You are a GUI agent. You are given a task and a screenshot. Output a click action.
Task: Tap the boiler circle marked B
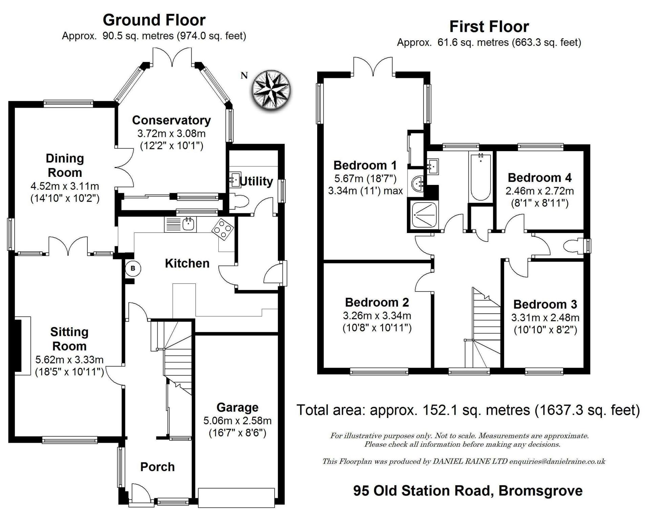pos(133,269)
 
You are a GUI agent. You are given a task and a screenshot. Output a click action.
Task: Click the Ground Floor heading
pos(154,20)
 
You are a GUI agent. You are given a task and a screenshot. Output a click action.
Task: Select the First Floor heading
pos(489,27)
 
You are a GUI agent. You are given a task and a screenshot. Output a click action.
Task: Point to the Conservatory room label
pos(171,120)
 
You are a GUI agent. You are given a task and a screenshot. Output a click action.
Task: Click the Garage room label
pos(237,407)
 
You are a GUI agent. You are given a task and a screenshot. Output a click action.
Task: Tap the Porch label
pos(157,467)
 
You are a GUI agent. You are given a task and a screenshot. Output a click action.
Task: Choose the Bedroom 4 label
pos(540,177)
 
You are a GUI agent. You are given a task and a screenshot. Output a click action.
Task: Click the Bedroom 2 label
pos(377,302)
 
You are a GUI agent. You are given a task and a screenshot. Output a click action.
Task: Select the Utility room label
pos(256,182)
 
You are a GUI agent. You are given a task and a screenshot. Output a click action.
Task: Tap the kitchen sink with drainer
pos(180,225)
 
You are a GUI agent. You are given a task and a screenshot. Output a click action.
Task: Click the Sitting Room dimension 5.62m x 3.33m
pos(69,359)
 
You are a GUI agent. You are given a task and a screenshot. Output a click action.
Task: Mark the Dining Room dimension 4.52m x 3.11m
pos(65,186)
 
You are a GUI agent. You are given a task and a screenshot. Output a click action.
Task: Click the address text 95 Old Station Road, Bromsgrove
pos(468,490)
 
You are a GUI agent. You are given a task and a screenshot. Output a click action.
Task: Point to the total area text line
pos(468,410)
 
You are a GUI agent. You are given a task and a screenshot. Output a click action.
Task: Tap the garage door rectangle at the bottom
pos(236,497)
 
